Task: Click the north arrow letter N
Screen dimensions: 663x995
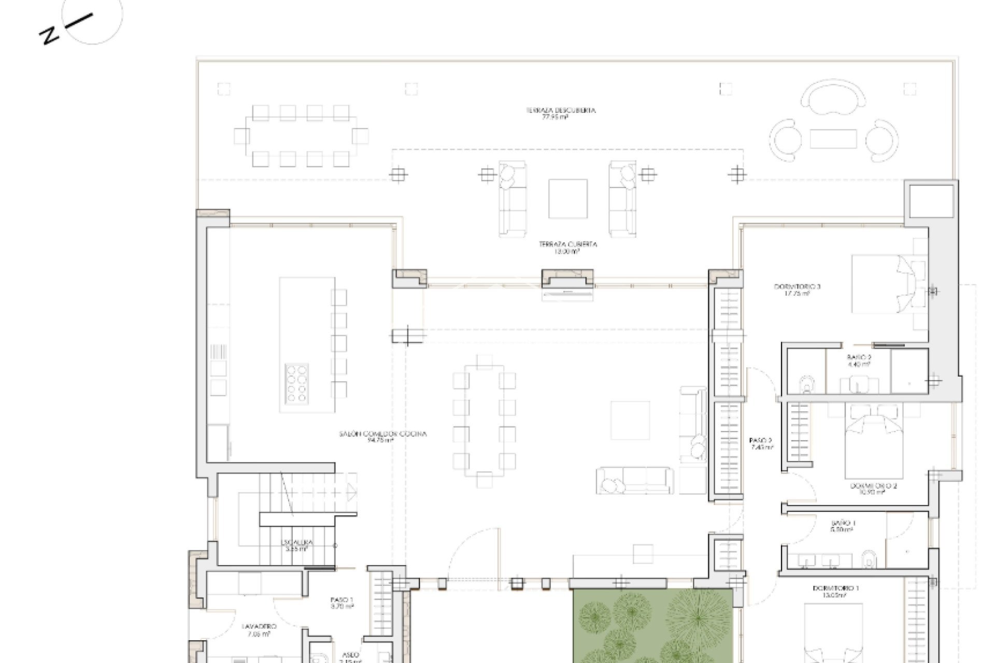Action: pos(49,36)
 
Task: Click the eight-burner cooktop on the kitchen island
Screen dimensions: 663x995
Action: pos(297,383)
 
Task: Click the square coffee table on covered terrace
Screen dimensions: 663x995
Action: pos(568,199)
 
